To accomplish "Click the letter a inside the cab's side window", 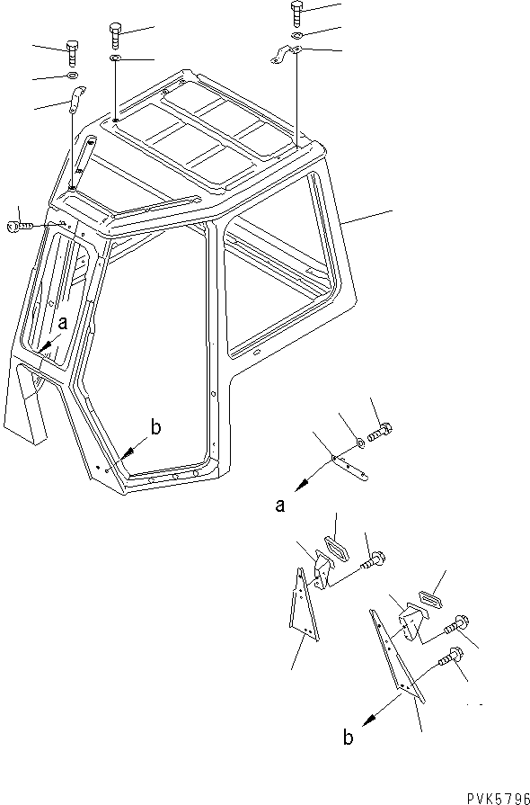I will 63,321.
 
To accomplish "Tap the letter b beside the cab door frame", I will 155,428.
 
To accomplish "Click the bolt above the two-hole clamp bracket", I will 297,13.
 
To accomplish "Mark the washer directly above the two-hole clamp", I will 296,36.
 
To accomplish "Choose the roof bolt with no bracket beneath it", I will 116,35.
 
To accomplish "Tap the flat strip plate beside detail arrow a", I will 351,465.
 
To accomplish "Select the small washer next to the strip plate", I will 359,442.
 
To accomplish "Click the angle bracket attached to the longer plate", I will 410,623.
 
